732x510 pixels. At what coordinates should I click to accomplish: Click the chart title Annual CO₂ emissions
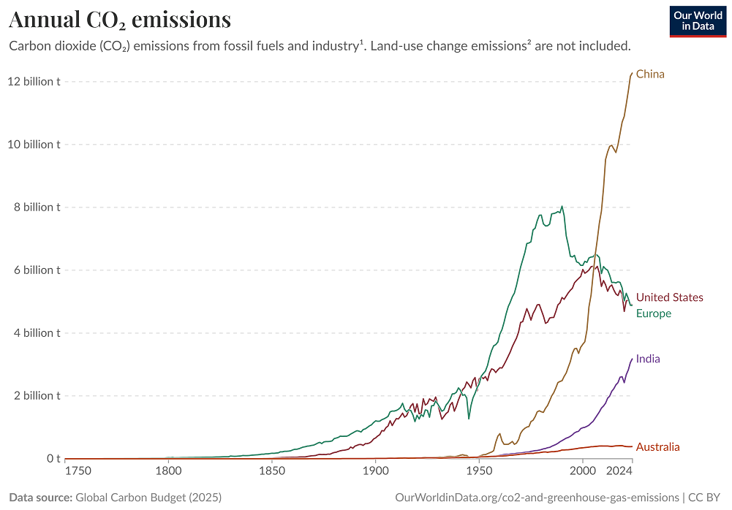[120, 19]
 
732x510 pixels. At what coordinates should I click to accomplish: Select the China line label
[650, 74]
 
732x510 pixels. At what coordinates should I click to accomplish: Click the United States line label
[669, 297]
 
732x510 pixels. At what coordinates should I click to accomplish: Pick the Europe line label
[653, 313]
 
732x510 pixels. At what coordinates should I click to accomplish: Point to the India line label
[648, 359]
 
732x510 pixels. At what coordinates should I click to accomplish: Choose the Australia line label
[657, 447]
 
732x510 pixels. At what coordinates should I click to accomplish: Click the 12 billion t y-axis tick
[34, 81]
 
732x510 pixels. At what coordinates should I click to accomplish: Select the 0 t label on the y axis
[53, 458]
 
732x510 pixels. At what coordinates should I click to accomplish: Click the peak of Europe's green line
[562, 207]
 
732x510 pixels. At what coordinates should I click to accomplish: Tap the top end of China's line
[632, 72]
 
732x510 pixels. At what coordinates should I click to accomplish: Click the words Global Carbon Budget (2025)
[148, 498]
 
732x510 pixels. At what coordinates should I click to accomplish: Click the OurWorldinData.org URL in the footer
[536, 498]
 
